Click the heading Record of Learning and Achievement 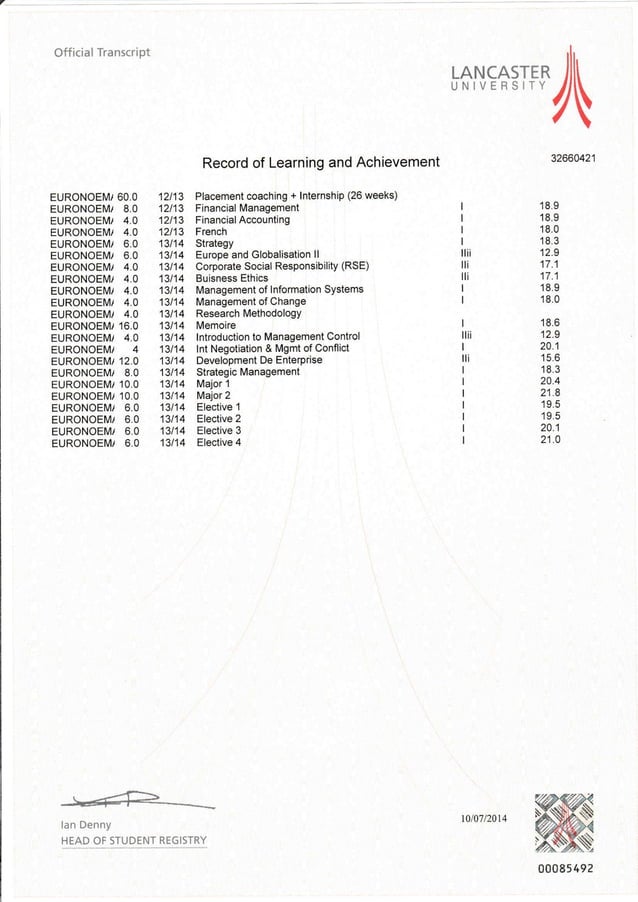320,162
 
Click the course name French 211,231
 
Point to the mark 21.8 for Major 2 549,393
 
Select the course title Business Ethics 231,278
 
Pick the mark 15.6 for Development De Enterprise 549,358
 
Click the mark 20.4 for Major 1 549,381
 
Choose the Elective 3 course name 219,430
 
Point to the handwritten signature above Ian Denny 135,799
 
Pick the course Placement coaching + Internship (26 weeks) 297,195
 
